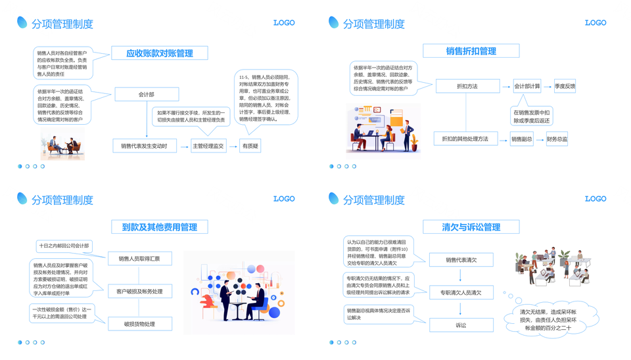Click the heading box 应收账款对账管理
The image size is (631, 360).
160,53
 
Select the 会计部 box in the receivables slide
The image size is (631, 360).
147,95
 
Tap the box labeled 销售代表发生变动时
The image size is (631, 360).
144,146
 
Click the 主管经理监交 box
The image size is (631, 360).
208,146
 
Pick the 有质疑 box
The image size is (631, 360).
250,146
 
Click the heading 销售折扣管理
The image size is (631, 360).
471,51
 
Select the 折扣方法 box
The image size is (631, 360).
468,86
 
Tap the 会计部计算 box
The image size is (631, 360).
526,86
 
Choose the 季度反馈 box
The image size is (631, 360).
565,86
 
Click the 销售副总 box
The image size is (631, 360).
521,139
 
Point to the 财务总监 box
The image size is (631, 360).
557,139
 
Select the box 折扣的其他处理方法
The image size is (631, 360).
465,139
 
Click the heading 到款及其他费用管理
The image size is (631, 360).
160,227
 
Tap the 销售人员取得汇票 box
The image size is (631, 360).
139,259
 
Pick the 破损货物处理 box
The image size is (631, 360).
139,324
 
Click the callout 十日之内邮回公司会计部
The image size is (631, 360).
63,246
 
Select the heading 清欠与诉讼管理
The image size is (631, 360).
471,227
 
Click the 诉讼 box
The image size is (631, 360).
461,325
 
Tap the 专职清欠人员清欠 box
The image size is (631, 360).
461,292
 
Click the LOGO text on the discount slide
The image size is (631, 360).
596,23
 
